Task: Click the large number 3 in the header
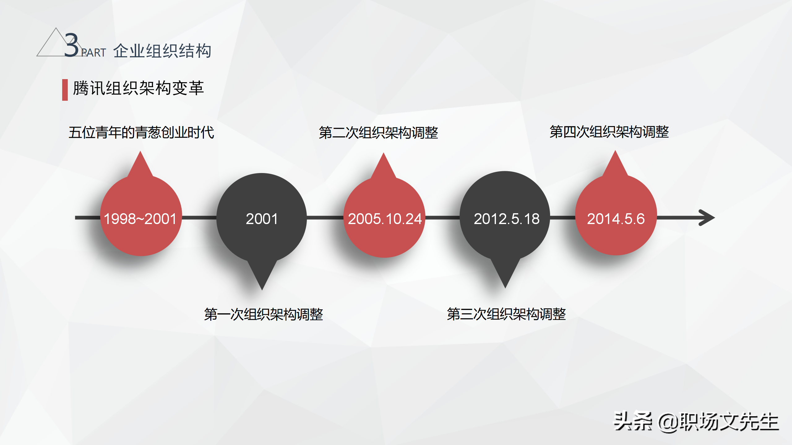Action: click(x=71, y=46)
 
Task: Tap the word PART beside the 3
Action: click(x=93, y=53)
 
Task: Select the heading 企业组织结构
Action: click(x=162, y=51)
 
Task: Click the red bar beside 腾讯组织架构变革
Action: click(x=65, y=90)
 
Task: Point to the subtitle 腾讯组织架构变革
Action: click(x=138, y=88)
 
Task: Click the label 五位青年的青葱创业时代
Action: click(x=141, y=133)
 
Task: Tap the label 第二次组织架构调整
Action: click(x=378, y=133)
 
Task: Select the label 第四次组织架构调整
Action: click(x=609, y=132)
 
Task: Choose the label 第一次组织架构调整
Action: click(x=263, y=315)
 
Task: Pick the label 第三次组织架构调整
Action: click(x=506, y=314)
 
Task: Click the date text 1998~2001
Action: click(x=140, y=219)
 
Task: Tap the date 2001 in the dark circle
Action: click(x=262, y=219)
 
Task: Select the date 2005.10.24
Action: click(x=385, y=219)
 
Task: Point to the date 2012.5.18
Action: click(x=506, y=219)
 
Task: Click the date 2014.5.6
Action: click(x=616, y=219)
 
